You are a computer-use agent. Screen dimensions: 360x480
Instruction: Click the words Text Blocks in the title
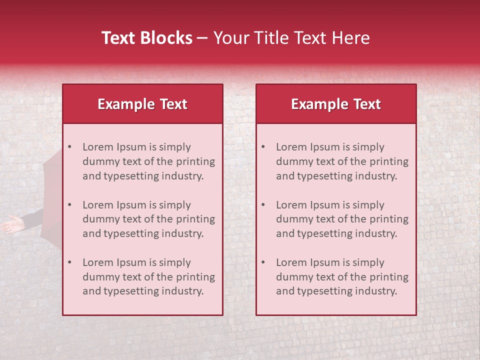pos(146,38)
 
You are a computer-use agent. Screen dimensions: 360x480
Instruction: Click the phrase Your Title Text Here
pos(291,38)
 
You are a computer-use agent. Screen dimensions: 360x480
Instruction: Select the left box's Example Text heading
pos(142,104)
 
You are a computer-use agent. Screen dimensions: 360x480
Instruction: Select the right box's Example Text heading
pos(336,104)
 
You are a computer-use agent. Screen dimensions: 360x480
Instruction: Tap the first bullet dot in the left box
pos(69,147)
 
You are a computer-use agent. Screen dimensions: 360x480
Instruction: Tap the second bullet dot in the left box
pos(69,205)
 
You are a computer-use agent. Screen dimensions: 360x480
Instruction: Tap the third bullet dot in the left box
pos(69,262)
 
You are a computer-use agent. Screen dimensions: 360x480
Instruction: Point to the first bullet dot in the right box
pos(263,147)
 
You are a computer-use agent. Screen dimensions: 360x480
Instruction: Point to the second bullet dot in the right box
pos(263,205)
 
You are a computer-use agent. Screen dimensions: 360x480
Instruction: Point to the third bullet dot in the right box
pos(263,262)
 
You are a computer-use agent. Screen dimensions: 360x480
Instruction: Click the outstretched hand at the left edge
pos(12,224)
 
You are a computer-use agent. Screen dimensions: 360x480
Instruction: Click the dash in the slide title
pos(202,38)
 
